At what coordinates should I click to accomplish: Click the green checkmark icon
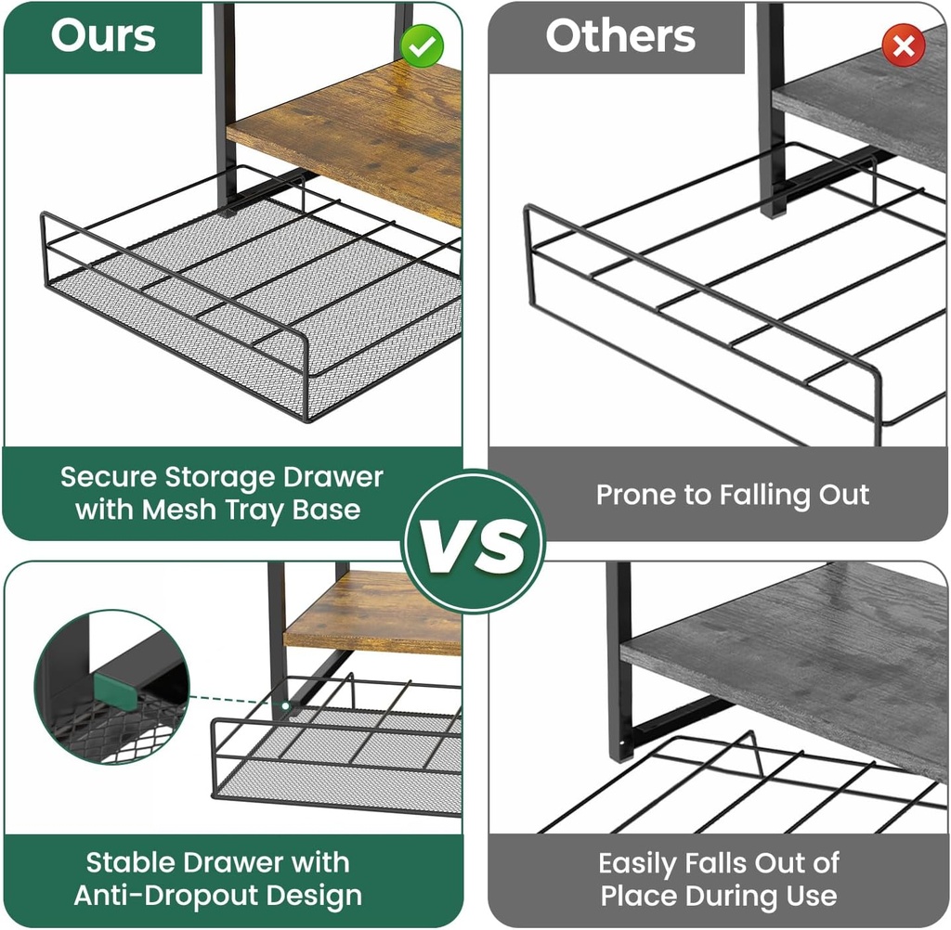pos(423,45)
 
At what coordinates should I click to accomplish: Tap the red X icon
pos(903,45)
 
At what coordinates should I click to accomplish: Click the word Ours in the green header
pos(103,35)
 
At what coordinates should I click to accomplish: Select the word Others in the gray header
pos(619,36)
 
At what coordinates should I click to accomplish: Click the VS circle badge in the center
pos(474,541)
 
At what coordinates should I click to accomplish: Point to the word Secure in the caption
pos(108,477)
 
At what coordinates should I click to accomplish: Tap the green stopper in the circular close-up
pos(116,690)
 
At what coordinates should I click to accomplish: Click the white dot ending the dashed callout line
pos(284,706)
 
